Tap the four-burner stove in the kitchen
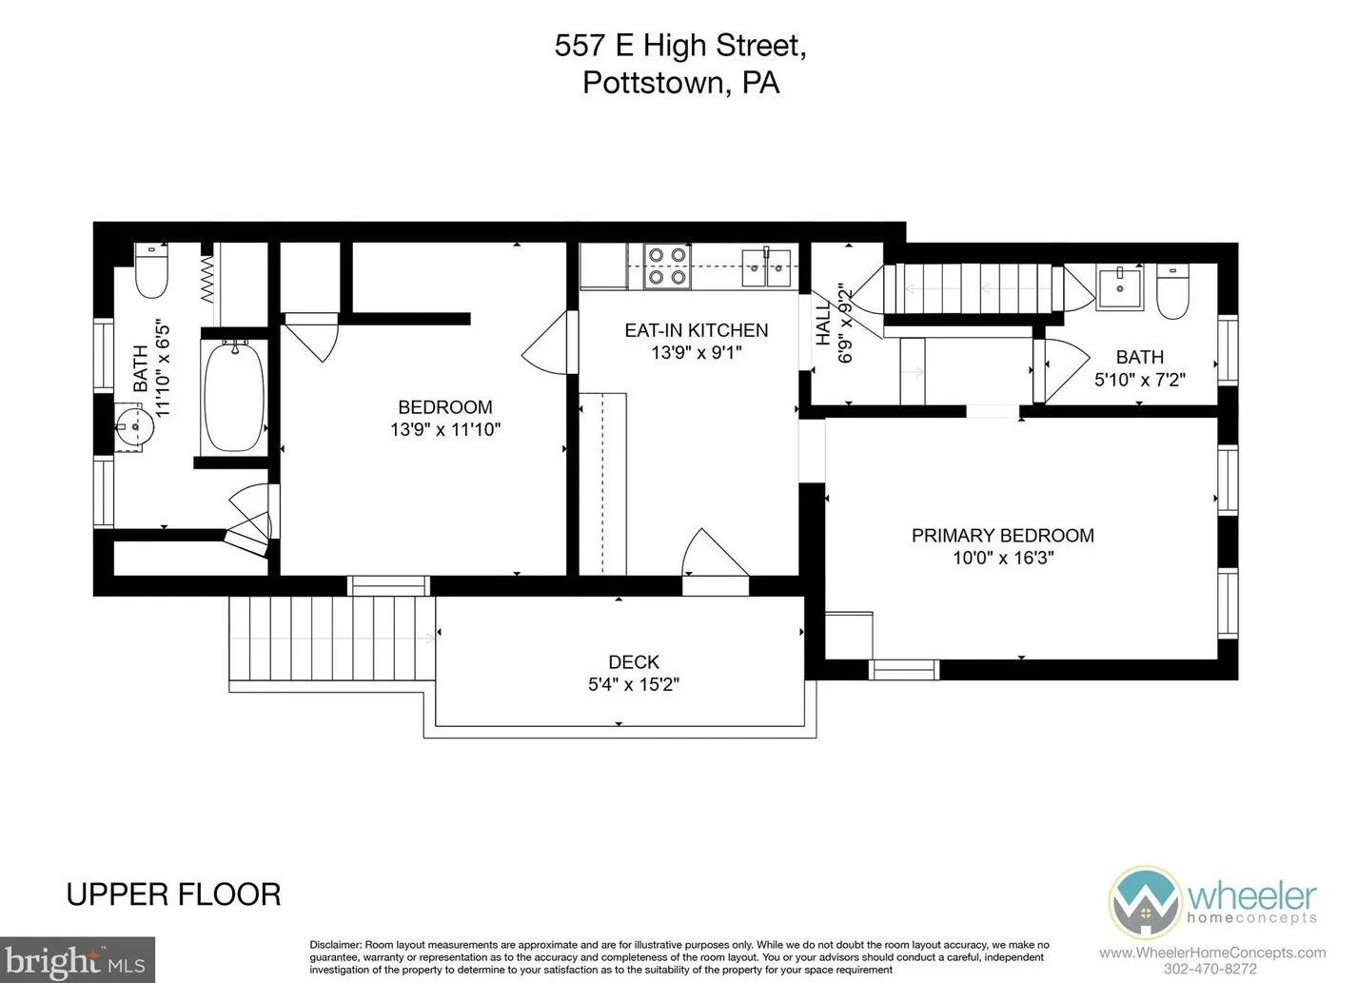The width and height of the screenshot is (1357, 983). pyautogui.click(x=668, y=265)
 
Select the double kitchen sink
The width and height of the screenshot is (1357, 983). pyautogui.click(x=766, y=267)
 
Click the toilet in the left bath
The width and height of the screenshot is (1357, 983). pyautogui.click(x=151, y=271)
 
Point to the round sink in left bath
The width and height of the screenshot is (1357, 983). pyautogui.click(x=134, y=426)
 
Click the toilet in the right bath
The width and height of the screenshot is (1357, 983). pyautogui.click(x=1172, y=291)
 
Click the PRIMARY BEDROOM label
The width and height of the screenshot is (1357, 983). pyautogui.click(x=1003, y=536)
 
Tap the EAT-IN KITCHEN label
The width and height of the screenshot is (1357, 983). pyautogui.click(x=696, y=330)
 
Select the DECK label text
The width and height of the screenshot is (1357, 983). pyautogui.click(x=634, y=661)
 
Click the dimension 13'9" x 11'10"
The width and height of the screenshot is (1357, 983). pyautogui.click(x=445, y=429)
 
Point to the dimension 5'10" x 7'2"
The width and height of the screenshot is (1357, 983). pyautogui.click(x=1139, y=380)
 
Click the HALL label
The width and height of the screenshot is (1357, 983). pyautogui.click(x=823, y=324)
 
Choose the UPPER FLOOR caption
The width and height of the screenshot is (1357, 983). pyautogui.click(x=173, y=895)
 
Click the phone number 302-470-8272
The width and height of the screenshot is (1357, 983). pyautogui.click(x=1209, y=970)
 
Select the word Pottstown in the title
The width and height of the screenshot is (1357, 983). pyautogui.click(x=654, y=83)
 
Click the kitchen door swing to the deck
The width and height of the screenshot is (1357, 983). pyautogui.click(x=716, y=552)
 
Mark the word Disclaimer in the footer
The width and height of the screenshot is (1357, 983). pyautogui.click(x=336, y=944)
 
